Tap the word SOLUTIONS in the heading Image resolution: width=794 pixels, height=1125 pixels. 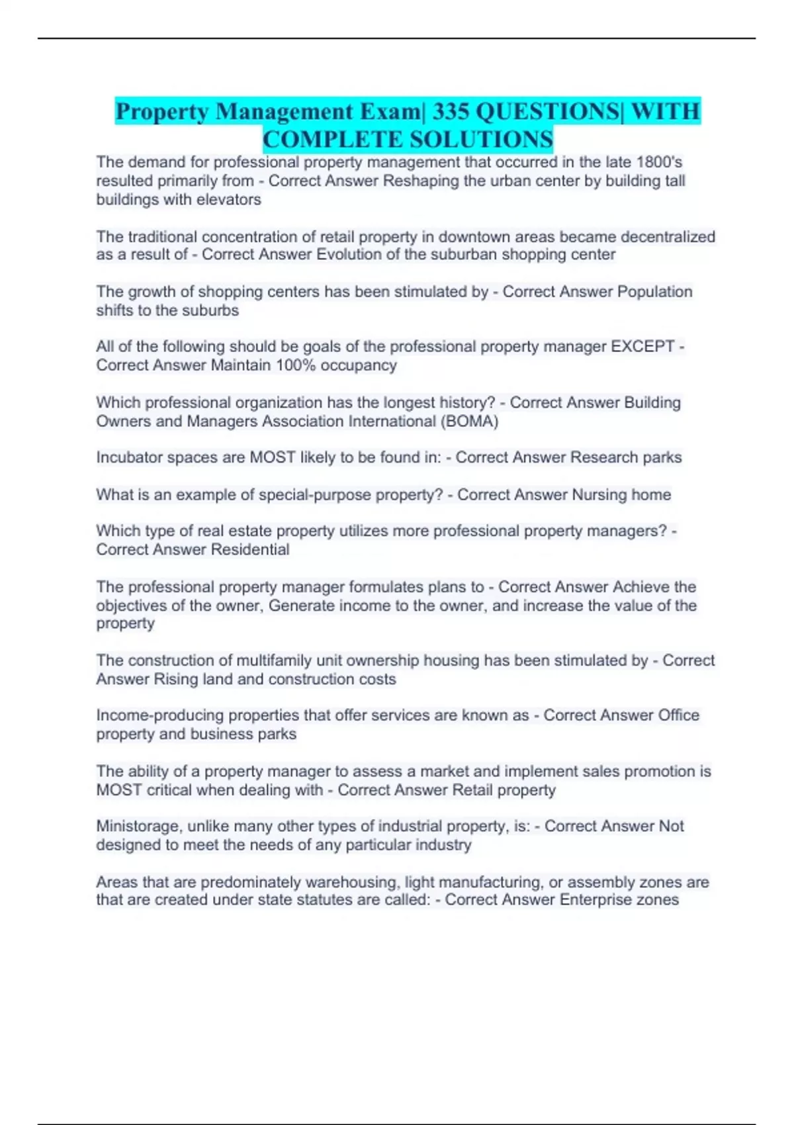point(481,140)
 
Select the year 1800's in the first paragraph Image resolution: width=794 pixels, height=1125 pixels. point(658,162)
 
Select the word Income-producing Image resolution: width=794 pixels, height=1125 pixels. point(148,715)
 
